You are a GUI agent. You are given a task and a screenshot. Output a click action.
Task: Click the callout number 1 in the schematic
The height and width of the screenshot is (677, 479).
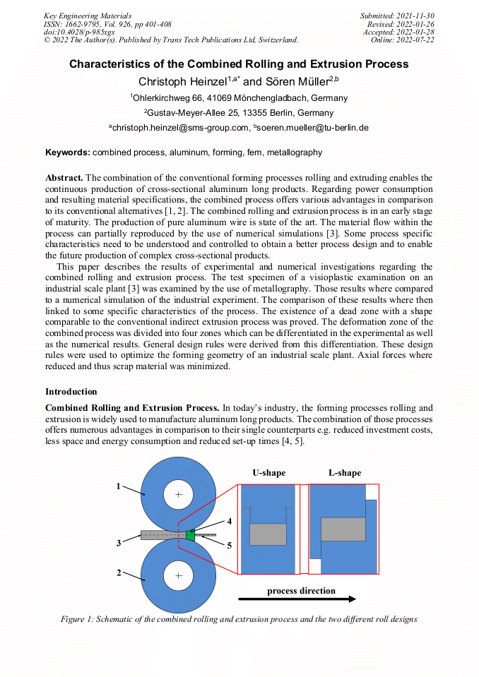point(119,486)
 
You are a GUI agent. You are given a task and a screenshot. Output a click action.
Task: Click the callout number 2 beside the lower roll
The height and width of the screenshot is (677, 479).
point(119,573)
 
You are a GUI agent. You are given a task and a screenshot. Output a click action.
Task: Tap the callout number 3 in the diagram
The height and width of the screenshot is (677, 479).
point(119,542)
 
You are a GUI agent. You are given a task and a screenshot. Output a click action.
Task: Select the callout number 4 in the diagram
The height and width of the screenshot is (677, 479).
point(229,521)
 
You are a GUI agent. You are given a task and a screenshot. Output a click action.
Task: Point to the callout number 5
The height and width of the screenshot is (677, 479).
point(229,545)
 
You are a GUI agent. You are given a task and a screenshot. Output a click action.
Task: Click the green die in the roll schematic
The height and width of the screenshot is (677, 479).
point(190,534)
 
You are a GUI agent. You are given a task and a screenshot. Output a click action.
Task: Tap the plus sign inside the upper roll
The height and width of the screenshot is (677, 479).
point(179,496)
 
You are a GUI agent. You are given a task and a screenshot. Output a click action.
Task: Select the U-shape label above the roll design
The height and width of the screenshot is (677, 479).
point(268,473)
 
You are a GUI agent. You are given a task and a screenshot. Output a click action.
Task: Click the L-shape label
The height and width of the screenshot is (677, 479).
point(344,473)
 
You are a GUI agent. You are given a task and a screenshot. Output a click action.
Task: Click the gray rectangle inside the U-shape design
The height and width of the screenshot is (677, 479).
point(268,534)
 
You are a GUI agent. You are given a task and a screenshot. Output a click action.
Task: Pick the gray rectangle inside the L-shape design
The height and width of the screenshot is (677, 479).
point(343,529)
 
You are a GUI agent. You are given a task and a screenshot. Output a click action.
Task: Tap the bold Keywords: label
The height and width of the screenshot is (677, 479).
point(68,152)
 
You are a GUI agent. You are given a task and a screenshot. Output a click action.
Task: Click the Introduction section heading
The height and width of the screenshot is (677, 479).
point(71,392)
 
